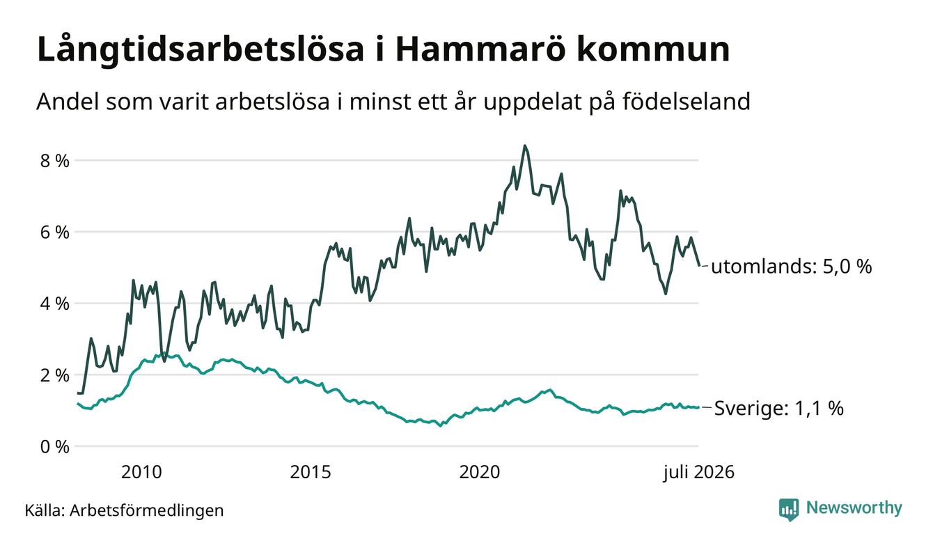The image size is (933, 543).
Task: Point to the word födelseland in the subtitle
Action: coord(687,101)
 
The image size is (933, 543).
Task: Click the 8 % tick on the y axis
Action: coord(54,161)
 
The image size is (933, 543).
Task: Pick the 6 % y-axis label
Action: coord(54,233)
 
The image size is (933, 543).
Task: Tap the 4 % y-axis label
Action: coord(54,304)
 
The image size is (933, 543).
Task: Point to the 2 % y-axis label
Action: coord(54,376)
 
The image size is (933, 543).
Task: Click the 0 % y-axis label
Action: coord(54,447)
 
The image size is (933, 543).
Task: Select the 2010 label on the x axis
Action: coord(141,472)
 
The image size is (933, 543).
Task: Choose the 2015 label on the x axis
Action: coord(311,472)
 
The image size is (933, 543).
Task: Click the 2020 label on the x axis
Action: coord(480,472)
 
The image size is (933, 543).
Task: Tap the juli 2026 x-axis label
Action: coord(698,473)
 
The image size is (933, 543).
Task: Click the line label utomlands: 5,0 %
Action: coord(792,267)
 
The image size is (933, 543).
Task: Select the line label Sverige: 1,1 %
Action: coord(779,408)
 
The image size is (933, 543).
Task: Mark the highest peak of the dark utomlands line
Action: coord(525,145)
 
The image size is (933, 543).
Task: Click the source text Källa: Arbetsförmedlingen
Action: coord(124,510)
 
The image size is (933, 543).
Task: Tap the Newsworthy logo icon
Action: coord(789,510)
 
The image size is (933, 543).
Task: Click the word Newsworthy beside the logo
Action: coord(854,508)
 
